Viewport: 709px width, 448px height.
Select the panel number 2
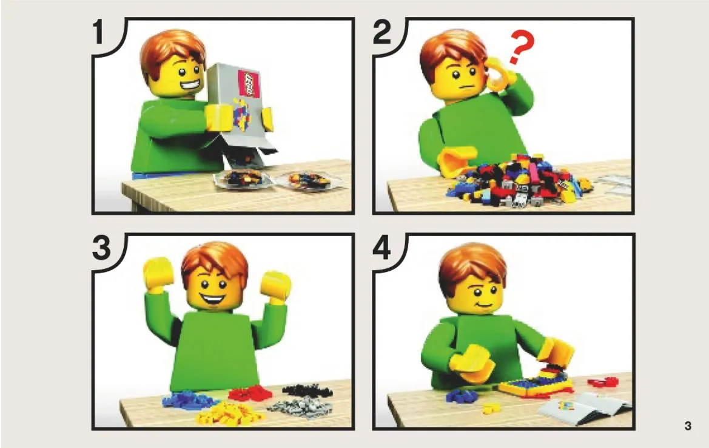[382, 33]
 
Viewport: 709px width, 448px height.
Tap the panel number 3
[101, 249]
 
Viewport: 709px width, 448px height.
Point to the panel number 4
[383, 249]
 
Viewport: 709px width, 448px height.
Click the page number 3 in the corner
[688, 426]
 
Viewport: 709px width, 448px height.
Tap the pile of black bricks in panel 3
[307, 390]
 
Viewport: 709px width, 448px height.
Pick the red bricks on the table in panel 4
[603, 382]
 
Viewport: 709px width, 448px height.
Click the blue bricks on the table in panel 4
[462, 396]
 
